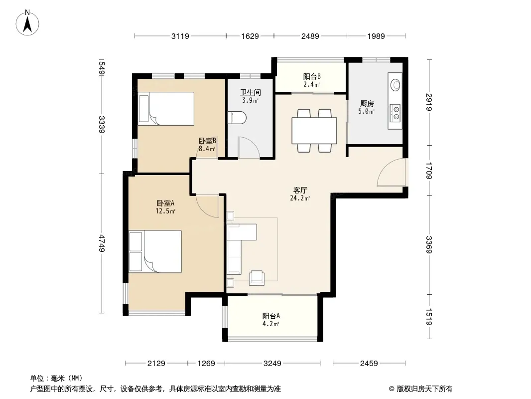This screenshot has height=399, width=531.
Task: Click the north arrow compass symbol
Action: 27,23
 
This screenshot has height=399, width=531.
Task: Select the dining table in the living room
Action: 314,131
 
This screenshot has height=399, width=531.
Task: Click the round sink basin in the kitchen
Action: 395,85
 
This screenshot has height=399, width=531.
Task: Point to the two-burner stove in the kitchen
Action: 395,113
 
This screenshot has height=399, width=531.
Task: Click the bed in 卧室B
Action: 166,109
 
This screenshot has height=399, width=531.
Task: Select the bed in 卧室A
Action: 155,251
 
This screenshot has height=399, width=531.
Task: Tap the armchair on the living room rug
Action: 257,278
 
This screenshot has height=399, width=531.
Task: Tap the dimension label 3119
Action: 180,36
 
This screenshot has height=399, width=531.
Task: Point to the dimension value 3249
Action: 272,364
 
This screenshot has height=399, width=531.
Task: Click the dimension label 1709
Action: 429,171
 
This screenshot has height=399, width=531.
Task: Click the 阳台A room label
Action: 271,316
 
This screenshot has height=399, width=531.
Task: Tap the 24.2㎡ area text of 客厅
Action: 300,199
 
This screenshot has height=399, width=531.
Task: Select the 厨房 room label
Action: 367,103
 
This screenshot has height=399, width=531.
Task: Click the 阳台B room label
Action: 312,77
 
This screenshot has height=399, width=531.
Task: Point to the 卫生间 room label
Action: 251,92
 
